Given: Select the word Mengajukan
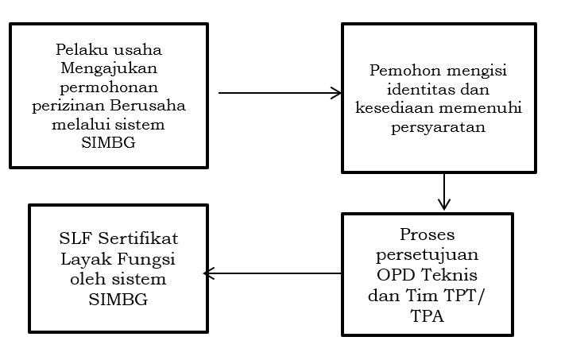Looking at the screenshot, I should [109, 68].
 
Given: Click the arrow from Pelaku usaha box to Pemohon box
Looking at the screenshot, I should [279, 94].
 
